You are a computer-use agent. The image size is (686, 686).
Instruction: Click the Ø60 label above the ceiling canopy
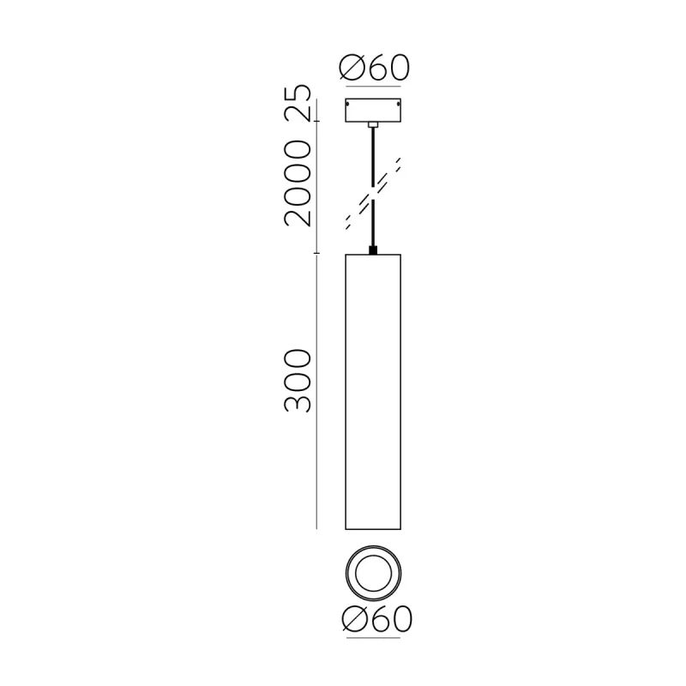(375, 67)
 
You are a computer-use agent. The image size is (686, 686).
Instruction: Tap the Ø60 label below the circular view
(375, 619)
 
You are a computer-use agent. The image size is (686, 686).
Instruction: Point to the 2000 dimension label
(298, 183)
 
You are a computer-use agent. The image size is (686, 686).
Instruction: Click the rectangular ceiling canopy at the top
(373, 111)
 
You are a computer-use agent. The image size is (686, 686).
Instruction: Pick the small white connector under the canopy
(373, 125)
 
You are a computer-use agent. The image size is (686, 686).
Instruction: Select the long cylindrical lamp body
(373, 390)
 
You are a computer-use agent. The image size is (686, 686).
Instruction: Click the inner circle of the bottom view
(373, 571)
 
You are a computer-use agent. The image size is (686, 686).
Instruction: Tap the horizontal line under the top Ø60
(373, 87)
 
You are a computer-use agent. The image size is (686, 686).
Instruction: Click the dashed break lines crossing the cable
(374, 194)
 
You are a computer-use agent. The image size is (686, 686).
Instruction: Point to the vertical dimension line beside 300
(318, 390)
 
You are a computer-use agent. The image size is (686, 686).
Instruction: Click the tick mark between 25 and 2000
(318, 121)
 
